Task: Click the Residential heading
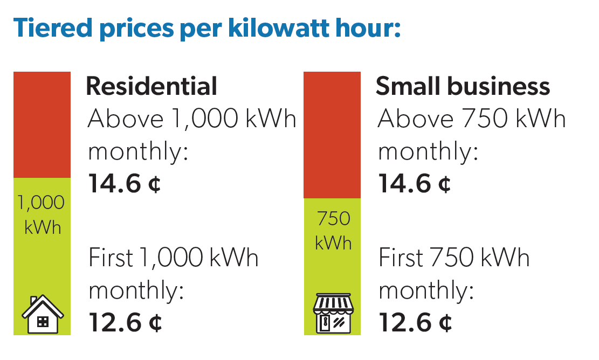pos(152,86)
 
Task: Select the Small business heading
pos(463,86)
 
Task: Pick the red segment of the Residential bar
pos(42,124)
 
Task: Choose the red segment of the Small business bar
pos(332,135)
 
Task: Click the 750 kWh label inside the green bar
pos(333,231)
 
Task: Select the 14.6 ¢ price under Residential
pos(125,184)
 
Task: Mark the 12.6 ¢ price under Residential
pos(125,323)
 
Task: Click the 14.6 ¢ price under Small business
pos(415,184)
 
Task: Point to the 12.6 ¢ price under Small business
pos(415,323)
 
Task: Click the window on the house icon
pos(42,322)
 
